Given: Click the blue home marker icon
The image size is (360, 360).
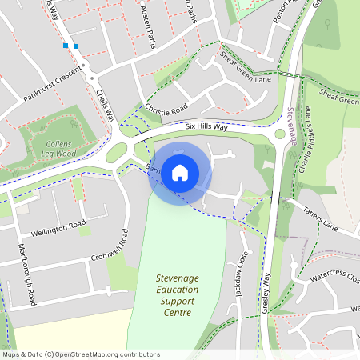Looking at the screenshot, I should click(180, 172).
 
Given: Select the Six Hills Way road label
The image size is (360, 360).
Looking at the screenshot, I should click(206, 126).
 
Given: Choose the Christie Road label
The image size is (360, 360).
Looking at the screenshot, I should click(166, 108).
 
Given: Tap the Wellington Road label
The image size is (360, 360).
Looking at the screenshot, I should click(58, 228).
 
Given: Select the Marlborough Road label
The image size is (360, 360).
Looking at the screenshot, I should click(26, 276).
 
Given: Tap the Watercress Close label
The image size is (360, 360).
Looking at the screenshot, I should click(334, 276).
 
